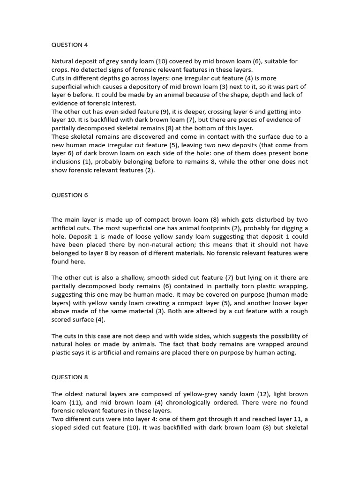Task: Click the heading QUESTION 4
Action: pos(69,45)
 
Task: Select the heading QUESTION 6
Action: pos(69,195)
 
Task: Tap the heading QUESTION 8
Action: pos(69,377)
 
